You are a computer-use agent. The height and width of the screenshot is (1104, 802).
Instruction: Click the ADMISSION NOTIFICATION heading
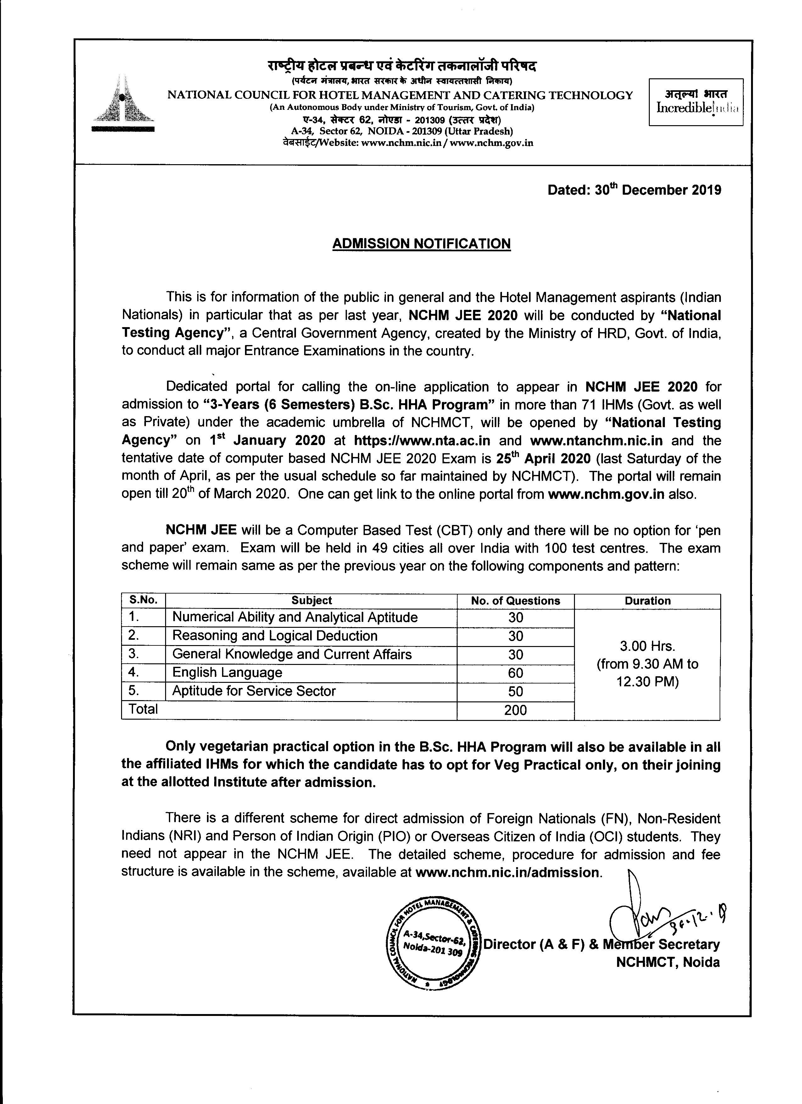(x=421, y=243)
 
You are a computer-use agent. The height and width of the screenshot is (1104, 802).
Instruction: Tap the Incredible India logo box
(x=696, y=102)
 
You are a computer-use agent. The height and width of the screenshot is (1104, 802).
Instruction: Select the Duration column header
(x=647, y=601)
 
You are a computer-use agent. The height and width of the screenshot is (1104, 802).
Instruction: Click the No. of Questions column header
(x=515, y=601)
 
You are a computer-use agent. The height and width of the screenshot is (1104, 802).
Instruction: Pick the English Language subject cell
(x=227, y=673)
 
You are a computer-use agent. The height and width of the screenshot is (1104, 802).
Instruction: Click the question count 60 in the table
(x=515, y=673)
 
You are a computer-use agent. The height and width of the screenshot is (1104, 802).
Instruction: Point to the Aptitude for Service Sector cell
(x=254, y=691)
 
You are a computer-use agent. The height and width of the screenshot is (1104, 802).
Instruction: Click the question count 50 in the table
(x=515, y=692)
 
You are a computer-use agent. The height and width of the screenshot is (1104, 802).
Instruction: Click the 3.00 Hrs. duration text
(x=647, y=646)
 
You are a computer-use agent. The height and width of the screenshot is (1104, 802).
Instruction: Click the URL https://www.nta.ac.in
(x=422, y=441)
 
